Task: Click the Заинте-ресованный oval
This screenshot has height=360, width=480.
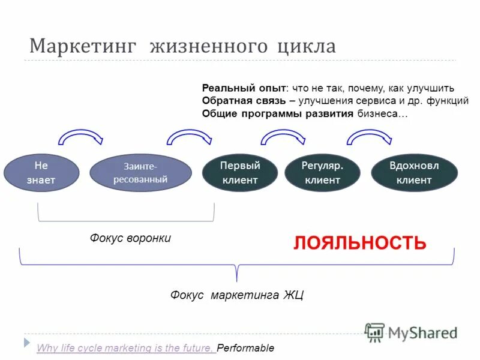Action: (140, 173)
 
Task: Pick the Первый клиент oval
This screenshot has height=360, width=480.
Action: (240, 172)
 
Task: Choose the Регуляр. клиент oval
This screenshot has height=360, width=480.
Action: (322, 172)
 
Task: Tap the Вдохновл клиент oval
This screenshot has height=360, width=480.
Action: (414, 172)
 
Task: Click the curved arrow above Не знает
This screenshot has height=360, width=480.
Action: (80, 137)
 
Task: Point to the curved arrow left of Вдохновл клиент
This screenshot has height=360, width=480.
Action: (370, 137)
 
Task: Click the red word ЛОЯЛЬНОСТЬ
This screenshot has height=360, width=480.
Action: (359, 243)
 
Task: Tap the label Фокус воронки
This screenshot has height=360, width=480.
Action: (130, 238)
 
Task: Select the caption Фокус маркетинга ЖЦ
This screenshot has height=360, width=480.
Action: (237, 295)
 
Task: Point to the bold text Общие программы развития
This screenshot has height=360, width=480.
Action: (277, 114)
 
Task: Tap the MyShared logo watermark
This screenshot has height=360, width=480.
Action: (411, 332)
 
